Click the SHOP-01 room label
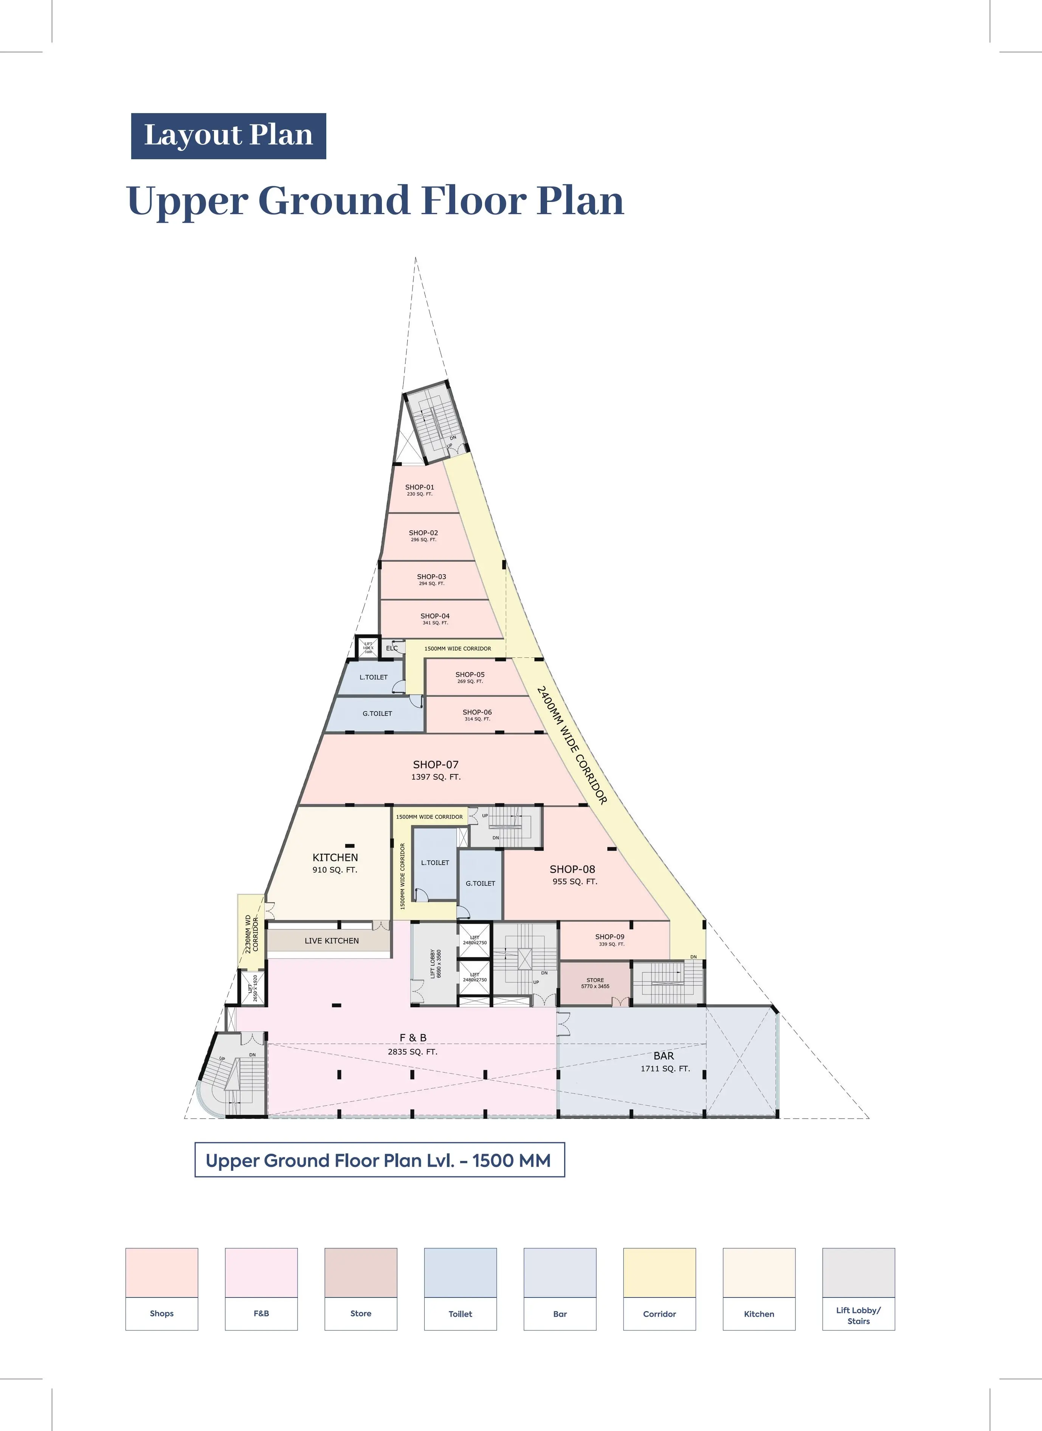tap(419, 488)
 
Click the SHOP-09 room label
tap(610, 937)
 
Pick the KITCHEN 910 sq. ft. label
tap(335, 858)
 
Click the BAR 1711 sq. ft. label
tap(664, 1056)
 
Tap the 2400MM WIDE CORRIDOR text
tap(571, 746)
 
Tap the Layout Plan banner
tap(228, 136)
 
